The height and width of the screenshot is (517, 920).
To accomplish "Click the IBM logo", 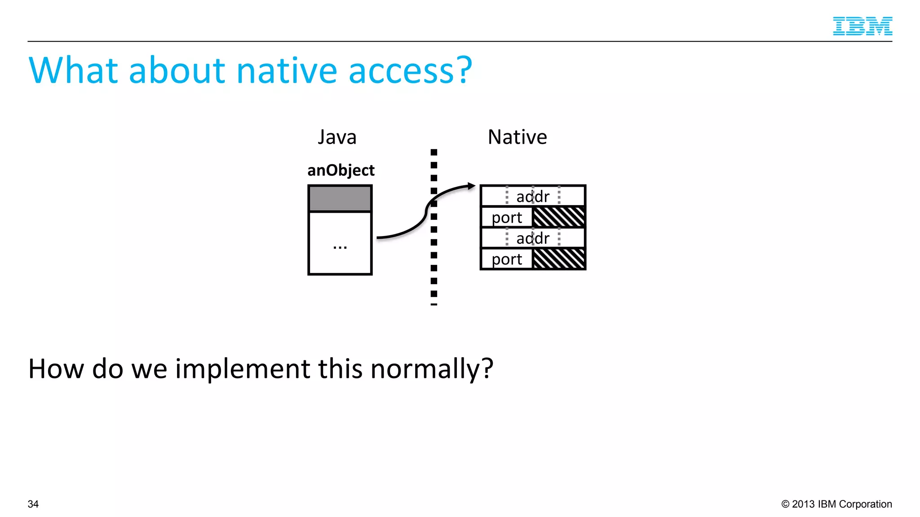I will tap(862, 26).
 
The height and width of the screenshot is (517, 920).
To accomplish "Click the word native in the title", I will tap(286, 71).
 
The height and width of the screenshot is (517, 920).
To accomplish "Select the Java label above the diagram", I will tap(337, 137).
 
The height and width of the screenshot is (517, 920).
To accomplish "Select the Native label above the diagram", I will tap(517, 137).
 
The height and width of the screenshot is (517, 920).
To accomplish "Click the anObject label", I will tap(341, 171).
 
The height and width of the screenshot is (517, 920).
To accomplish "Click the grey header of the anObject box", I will tap(340, 198).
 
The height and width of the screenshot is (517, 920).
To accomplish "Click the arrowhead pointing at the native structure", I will tap(471, 186).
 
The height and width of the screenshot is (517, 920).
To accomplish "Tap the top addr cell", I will tap(533, 197).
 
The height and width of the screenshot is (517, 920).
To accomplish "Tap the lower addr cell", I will tap(533, 238).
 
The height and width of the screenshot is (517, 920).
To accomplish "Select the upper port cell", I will tap(507, 218).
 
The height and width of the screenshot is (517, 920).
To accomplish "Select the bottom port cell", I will tap(507, 259).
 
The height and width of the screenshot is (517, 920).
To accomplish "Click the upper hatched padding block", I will tap(559, 217).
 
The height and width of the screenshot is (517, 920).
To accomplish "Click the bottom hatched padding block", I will tap(559, 259).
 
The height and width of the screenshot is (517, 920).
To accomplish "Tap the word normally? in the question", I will tap(432, 370).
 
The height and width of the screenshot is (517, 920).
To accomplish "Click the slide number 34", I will tap(33, 504).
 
